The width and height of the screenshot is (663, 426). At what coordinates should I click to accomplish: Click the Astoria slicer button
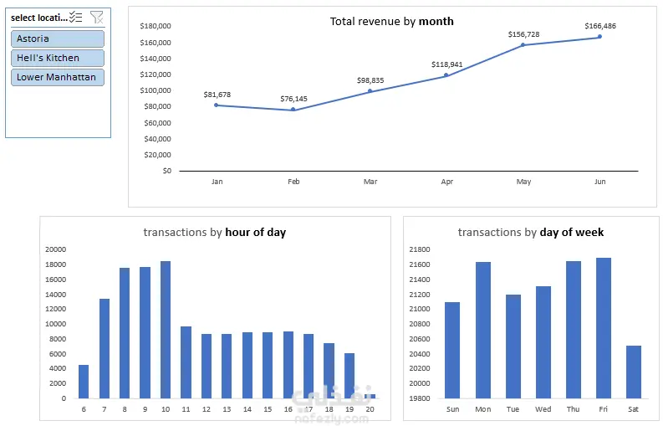coord(58,38)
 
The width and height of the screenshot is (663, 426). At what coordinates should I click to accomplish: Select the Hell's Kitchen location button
coord(58,58)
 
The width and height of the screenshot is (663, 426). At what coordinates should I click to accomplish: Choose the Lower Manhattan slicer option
coord(58,77)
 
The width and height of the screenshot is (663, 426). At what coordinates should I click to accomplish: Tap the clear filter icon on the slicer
coord(97,17)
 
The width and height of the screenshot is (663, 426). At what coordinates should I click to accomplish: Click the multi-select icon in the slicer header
coord(76,17)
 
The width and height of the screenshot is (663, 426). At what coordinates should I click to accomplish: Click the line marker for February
coord(293,110)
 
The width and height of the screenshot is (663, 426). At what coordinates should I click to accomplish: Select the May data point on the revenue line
coord(523,45)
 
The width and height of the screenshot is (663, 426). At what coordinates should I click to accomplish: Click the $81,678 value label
coord(217,95)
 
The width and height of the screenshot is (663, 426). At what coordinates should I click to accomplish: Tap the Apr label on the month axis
coord(446,181)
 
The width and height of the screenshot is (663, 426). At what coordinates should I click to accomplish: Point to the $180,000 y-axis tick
coord(156,26)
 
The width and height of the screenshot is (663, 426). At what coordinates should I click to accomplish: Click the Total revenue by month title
coord(391,21)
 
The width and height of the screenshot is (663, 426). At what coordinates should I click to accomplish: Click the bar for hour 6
coord(84,381)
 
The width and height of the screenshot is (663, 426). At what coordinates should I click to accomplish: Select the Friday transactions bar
coord(604,327)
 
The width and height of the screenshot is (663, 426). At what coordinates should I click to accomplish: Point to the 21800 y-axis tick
coord(419,249)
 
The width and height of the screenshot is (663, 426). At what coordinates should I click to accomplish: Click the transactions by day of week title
coord(530,232)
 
